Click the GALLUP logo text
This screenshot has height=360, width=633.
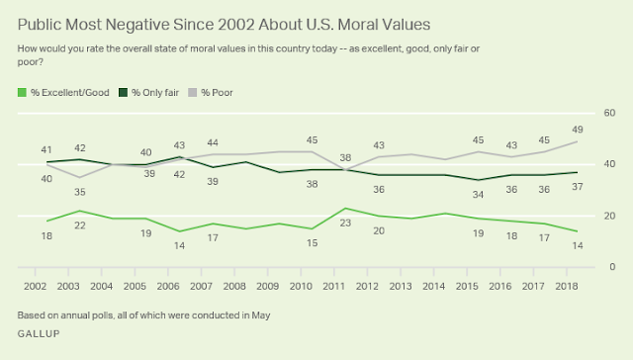(39, 333)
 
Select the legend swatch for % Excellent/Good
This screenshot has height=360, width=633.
(22, 92)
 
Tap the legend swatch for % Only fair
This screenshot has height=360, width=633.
(123, 92)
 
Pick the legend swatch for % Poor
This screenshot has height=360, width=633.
(193, 92)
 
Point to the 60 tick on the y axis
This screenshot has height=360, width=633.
(609, 113)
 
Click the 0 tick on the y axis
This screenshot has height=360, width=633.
(612, 267)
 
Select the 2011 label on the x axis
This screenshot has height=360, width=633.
(334, 286)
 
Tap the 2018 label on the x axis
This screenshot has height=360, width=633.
(567, 286)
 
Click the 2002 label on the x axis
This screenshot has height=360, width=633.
(36, 286)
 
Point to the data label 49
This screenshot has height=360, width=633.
(578, 130)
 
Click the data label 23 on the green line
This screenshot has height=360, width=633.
(345, 223)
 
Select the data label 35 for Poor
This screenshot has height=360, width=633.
(80, 192)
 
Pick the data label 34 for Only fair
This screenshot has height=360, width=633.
(478, 195)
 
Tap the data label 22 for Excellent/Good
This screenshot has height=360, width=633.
(80, 225)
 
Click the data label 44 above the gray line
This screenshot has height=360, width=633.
(213, 142)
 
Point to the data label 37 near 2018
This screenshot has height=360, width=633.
(578, 187)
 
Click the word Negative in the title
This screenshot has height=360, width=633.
(137, 25)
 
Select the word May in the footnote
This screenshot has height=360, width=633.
(261, 315)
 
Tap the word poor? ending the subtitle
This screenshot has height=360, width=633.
(31, 62)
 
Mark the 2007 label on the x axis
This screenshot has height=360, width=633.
(201, 286)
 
